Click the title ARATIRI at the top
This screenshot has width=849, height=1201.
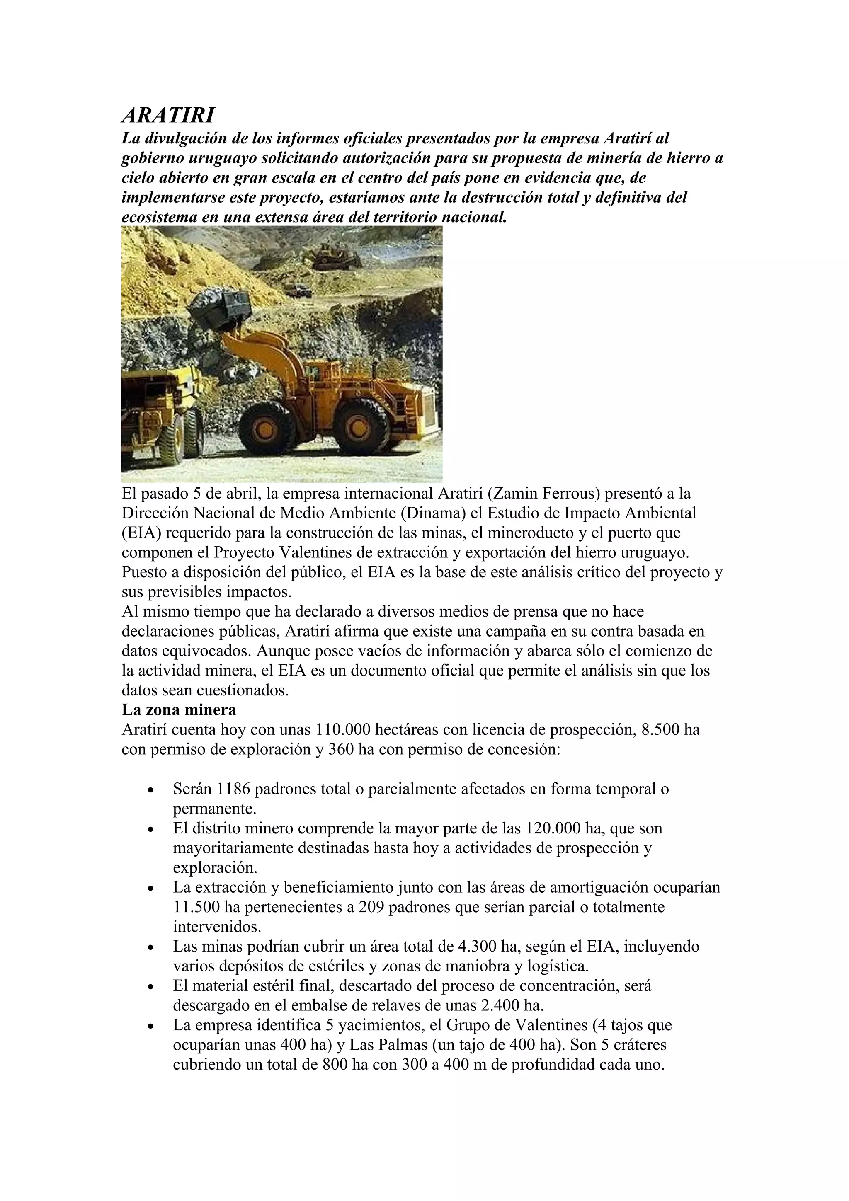pos(168,116)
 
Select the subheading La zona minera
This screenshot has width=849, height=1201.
pos(179,710)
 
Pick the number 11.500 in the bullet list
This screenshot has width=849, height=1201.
pos(194,907)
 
